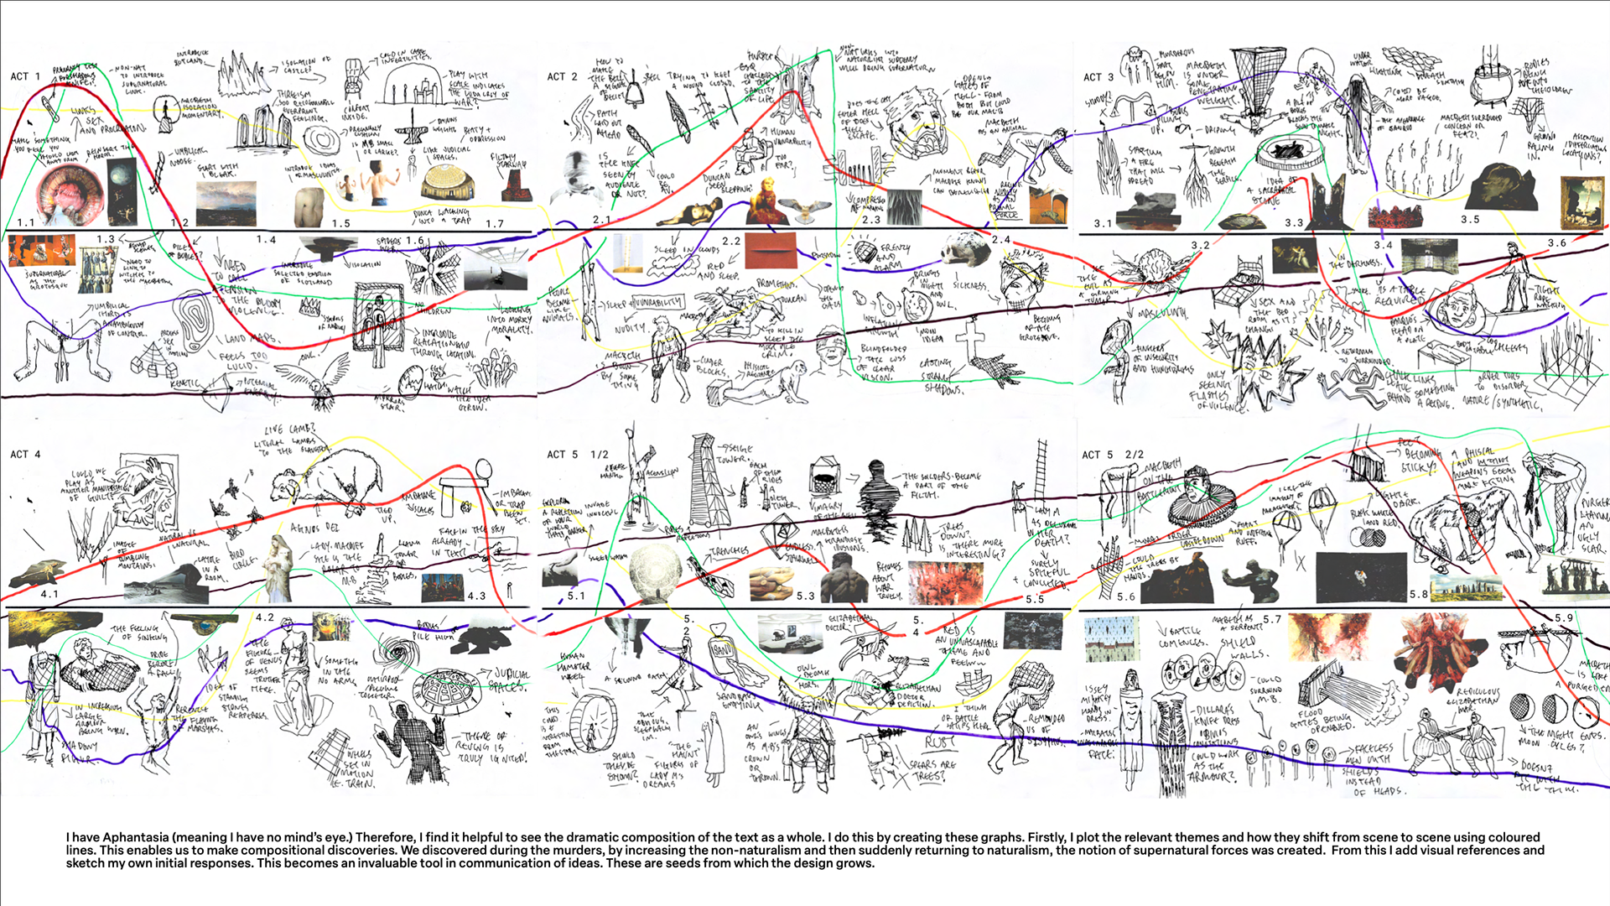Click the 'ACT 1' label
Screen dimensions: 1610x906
pyautogui.click(x=25, y=76)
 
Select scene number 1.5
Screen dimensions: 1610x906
pyautogui.click(x=340, y=224)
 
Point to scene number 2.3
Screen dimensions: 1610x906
pyautogui.click(x=871, y=220)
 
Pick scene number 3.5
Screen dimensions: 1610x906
pyautogui.click(x=1470, y=219)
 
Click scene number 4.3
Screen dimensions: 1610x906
pyautogui.click(x=476, y=596)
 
